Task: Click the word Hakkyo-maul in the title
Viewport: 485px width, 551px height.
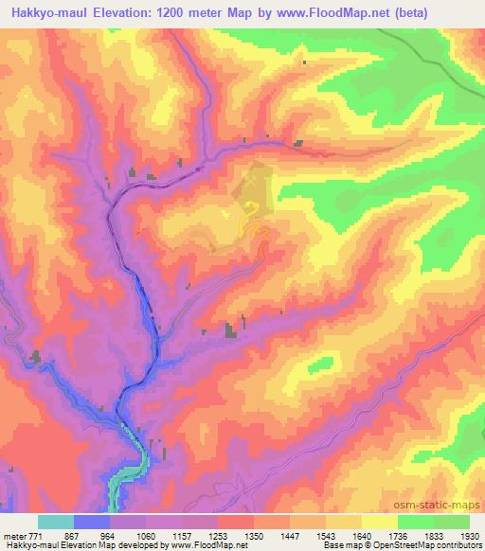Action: coord(45,13)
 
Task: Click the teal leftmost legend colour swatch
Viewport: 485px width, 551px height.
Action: coord(55,522)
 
